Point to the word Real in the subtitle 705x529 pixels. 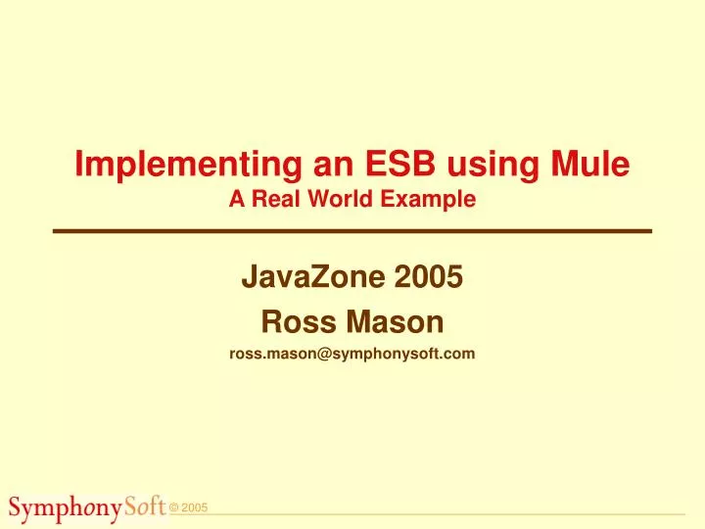click(275, 200)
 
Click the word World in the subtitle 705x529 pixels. click(339, 200)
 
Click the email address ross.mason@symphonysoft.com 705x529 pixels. click(352, 356)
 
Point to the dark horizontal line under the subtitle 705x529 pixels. click(352, 230)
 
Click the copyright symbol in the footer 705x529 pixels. click(173, 507)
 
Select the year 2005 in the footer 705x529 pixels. click(195, 507)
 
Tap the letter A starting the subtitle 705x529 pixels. click(236, 200)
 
